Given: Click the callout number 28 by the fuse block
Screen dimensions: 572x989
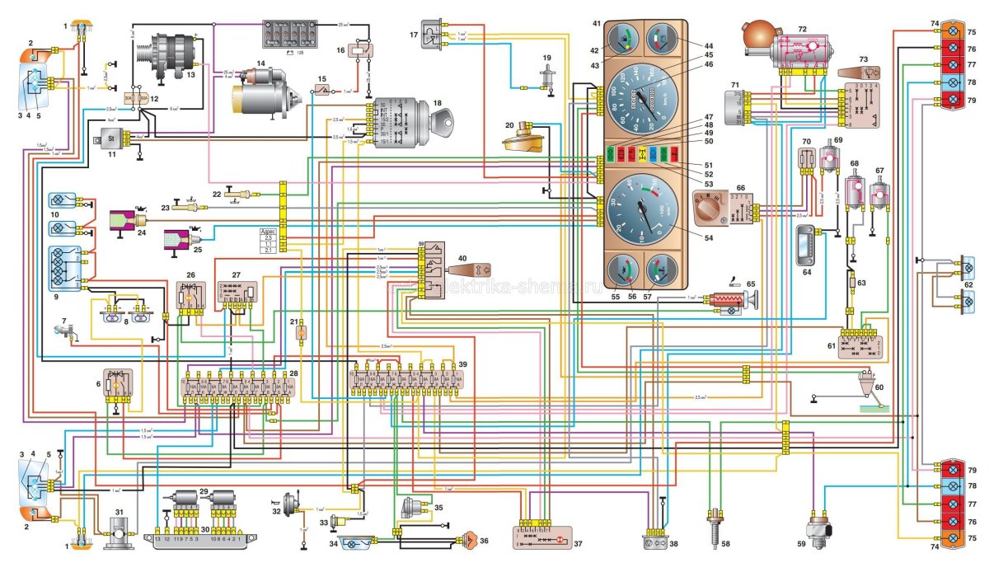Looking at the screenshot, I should pyautogui.click(x=293, y=374).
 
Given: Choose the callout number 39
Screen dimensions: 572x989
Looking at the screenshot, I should pyautogui.click(x=462, y=364).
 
